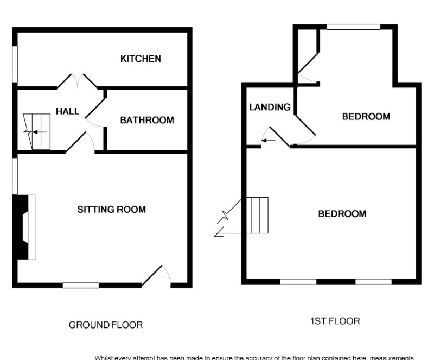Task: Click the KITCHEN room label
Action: click(141, 59)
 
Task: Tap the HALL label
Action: click(68, 111)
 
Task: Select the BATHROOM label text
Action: click(147, 120)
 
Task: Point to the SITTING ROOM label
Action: click(112, 209)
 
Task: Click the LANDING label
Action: click(270, 107)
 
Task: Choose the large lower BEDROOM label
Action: click(342, 214)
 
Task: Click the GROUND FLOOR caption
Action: click(106, 325)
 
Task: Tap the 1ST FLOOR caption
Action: click(335, 321)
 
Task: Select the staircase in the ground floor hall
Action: click(37, 131)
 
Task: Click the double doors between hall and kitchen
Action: click(78, 82)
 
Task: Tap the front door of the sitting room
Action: click(157, 275)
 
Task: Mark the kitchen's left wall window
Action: click(15, 65)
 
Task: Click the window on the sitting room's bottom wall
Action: click(81, 285)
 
